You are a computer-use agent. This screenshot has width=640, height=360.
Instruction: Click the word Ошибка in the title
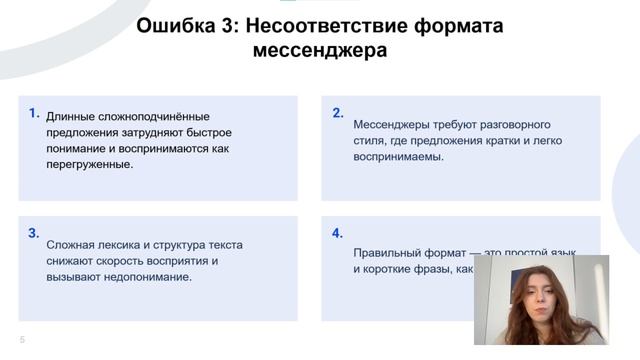point(171,26)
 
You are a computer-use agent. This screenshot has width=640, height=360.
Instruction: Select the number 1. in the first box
point(34,113)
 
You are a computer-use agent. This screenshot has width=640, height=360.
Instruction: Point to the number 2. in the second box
point(337,113)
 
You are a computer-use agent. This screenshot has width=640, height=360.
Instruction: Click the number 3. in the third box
point(34,233)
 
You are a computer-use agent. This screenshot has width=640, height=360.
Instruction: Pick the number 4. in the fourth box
point(337,233)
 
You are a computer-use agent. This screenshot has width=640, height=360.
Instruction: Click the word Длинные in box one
point(70,117)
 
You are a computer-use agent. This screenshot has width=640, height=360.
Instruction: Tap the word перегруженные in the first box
point(89,164)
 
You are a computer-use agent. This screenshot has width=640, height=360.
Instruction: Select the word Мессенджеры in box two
point(392,125)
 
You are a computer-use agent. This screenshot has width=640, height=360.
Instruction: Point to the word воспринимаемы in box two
point(396,157)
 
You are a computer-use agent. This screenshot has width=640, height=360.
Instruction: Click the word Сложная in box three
point(69,245)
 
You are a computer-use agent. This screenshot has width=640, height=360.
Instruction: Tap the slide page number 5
point(22,340)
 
